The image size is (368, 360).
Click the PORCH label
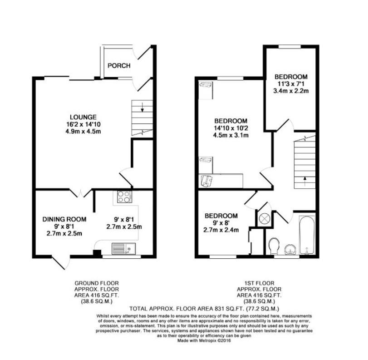coord(119,66)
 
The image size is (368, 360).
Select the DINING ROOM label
coord(64,219)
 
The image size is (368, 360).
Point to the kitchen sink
coord(122,248)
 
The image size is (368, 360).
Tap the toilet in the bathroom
coord(274,246)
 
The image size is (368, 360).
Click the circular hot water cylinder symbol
coord(264,218)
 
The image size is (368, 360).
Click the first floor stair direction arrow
coord(304,180)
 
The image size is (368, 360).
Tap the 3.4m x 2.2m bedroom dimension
coord(290,91)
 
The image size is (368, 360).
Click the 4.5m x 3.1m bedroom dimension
coord(231,135)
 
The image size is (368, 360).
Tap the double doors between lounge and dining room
coord(80,193)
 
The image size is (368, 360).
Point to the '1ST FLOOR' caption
coord(259,282)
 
